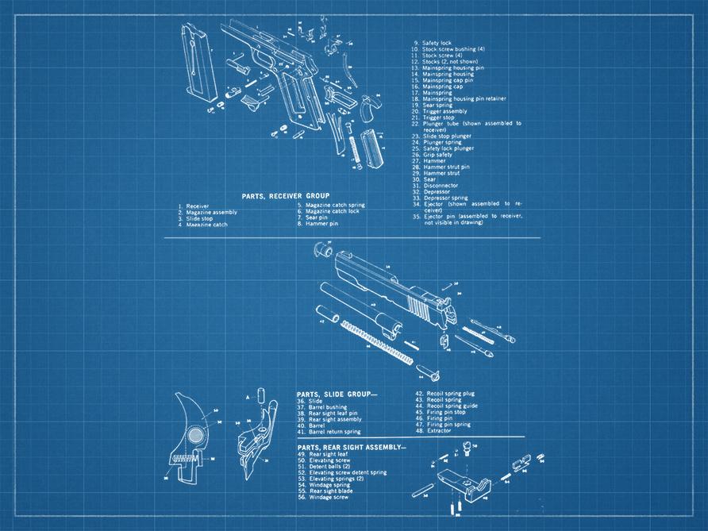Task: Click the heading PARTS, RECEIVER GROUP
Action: (285, 196)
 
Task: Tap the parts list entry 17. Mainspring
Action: (437, 92)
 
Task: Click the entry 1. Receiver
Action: (194, 206)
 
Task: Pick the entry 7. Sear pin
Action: (316, 218)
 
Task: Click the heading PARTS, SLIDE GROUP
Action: (337, 394)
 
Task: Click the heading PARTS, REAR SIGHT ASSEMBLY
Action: (351, 447)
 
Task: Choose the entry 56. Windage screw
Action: (328, 497)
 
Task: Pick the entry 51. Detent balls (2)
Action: (329, 467)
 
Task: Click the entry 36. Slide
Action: (310, 401)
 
